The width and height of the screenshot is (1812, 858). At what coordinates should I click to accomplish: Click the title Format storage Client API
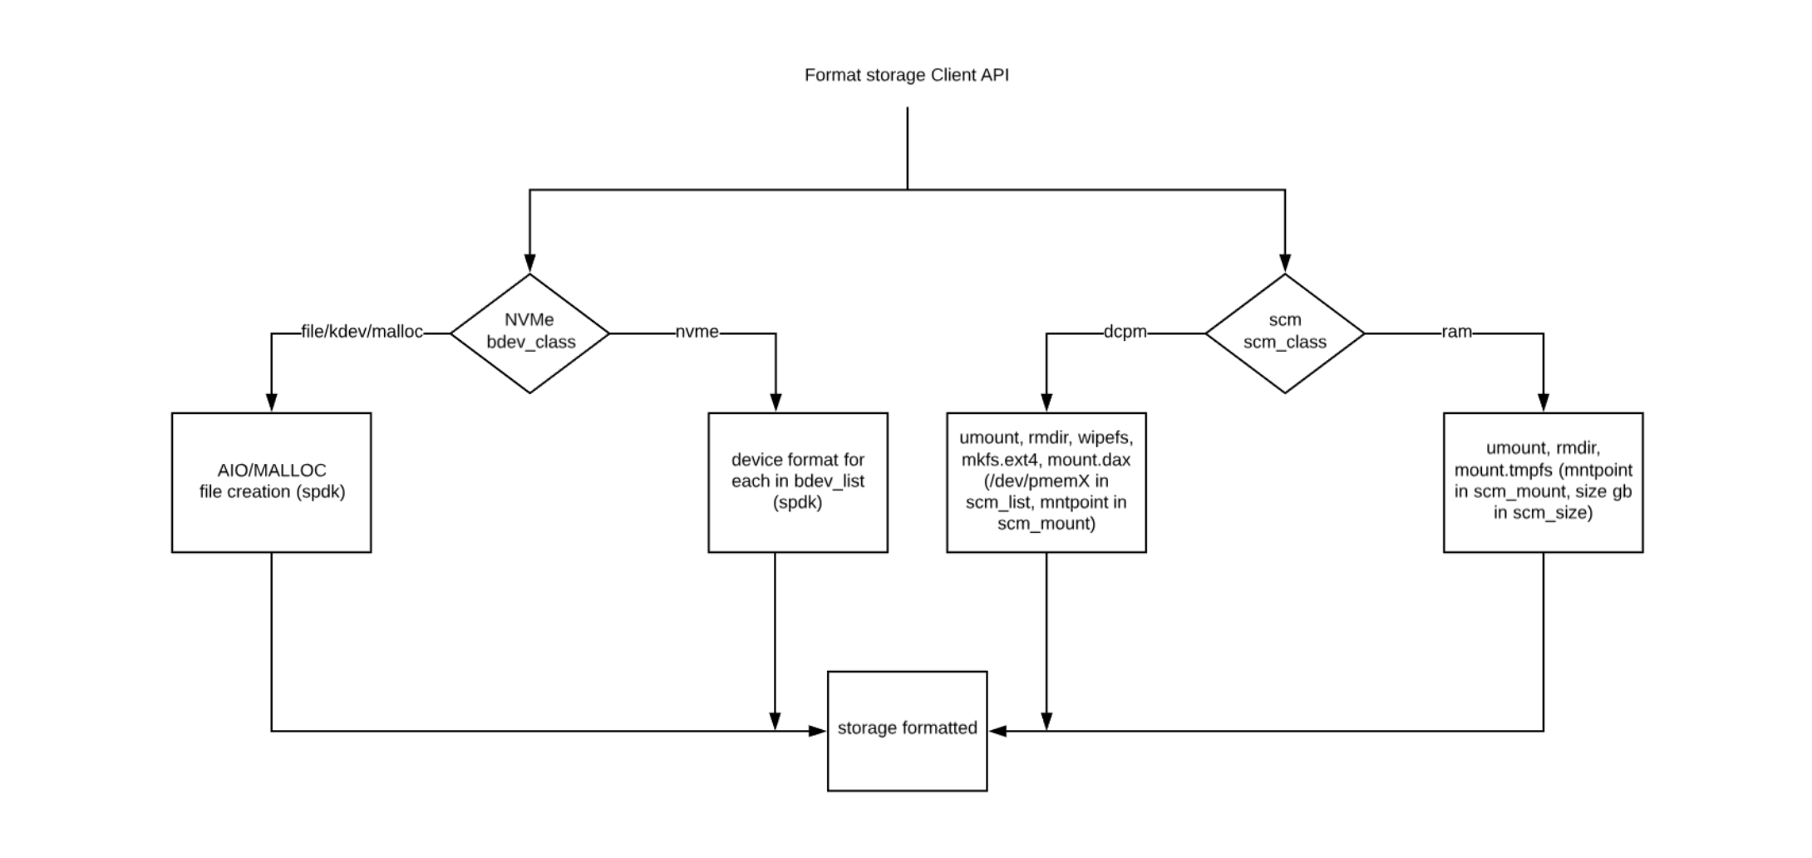click(x=906, y=75)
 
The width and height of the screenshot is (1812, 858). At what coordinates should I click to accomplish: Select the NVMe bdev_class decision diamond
click(x=530, y=333)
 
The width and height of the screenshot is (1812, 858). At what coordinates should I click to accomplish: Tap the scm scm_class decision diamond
click(x=1284, y=333)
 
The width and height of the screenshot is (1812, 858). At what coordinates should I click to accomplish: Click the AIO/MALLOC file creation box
click(x=272, y=482)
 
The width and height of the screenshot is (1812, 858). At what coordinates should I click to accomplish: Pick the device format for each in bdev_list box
click(x=797, y=482)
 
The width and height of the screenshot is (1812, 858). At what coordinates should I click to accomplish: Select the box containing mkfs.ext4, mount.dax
click(x=1046, y=482)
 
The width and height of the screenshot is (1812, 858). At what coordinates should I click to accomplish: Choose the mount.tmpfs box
click(x=1543, y=482)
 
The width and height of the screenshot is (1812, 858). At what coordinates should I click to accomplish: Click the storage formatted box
click(x=907, y=730)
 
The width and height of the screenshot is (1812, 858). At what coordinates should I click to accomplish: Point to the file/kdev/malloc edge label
click(x=362, y=332)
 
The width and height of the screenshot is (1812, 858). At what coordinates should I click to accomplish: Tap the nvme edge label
click(x=697, y=332)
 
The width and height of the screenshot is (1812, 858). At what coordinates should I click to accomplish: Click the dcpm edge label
click(x=1125, y=332)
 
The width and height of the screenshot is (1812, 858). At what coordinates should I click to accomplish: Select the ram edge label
click(x=1456, y=332)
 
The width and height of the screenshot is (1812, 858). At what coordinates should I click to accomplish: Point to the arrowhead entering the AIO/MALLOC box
click(x=271, y=402)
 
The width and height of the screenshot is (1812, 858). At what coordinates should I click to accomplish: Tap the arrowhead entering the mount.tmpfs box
click(x=1544, y=402)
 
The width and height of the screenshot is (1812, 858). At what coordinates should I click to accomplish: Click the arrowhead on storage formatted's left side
click(x=818, y=731)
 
